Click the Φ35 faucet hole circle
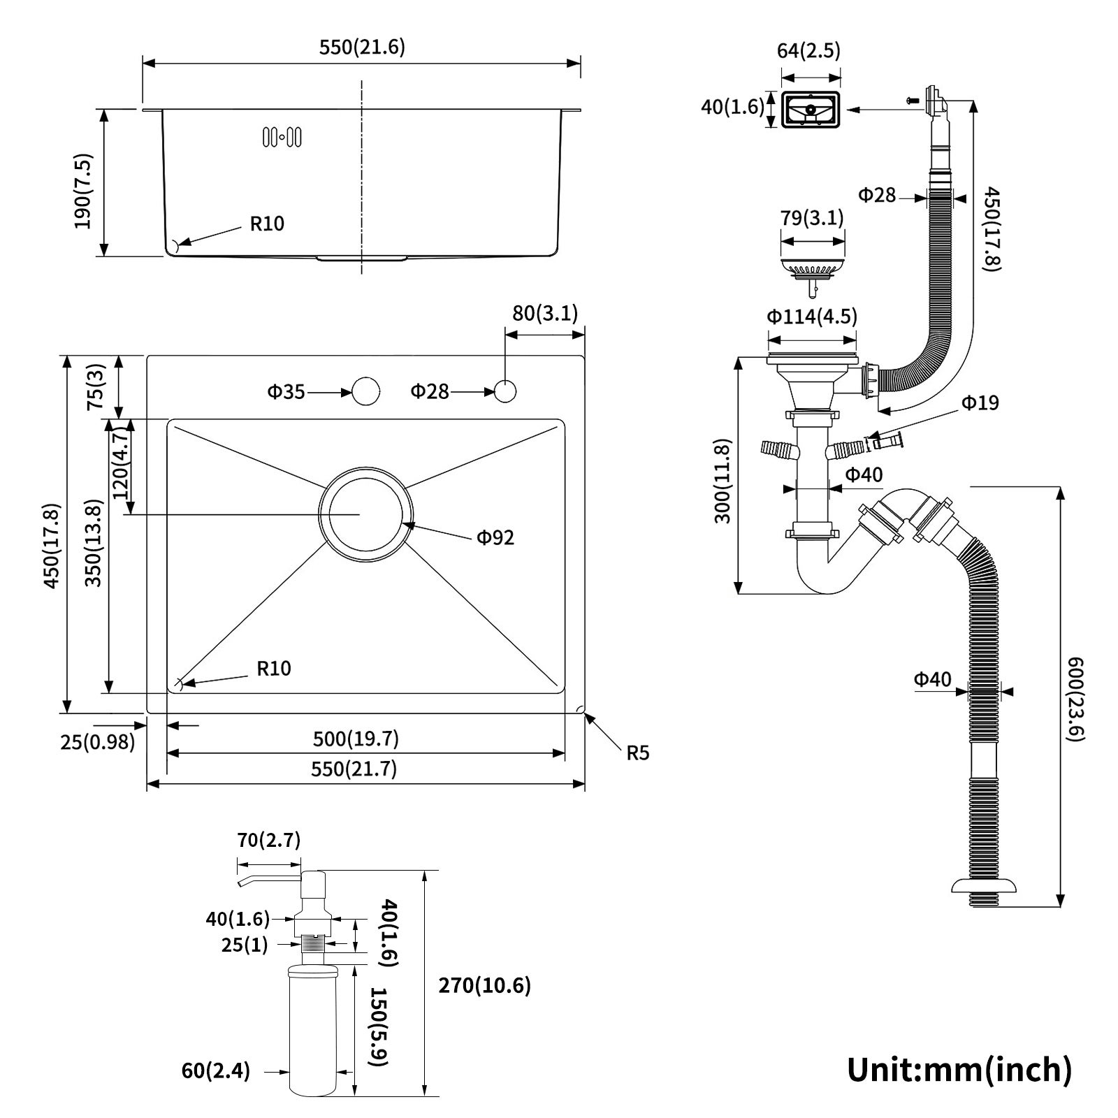pyautogui.click(x=365, y=391)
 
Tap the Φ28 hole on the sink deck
pyautogui.click(x=505, y=391)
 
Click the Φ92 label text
pyautogui.click(x=495, y=537)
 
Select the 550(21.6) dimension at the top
pyautogui.click(x=362, y=48)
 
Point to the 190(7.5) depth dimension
pyautogui.click(x=83, y=191)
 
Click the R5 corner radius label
pyautogui.click(x=637, y=753)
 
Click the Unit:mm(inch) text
pyautogui.click(x=959, y=1068)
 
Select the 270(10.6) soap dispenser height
pyautogui.click(x=484, y=985)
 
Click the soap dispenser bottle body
pyautogui.click(x=313, y=1027)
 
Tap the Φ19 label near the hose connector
pyautogui.click(x=980, y=402)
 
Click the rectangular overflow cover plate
pyautogui.click(x=810, y=110)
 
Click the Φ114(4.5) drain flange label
pyautogui.click(x=811, y=317)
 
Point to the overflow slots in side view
pyautogui.click(x=282, y=137)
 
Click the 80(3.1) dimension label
pyautogui.click(x=545, y=313)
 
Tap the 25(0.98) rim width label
pyautogui.click(x=97, y=742)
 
